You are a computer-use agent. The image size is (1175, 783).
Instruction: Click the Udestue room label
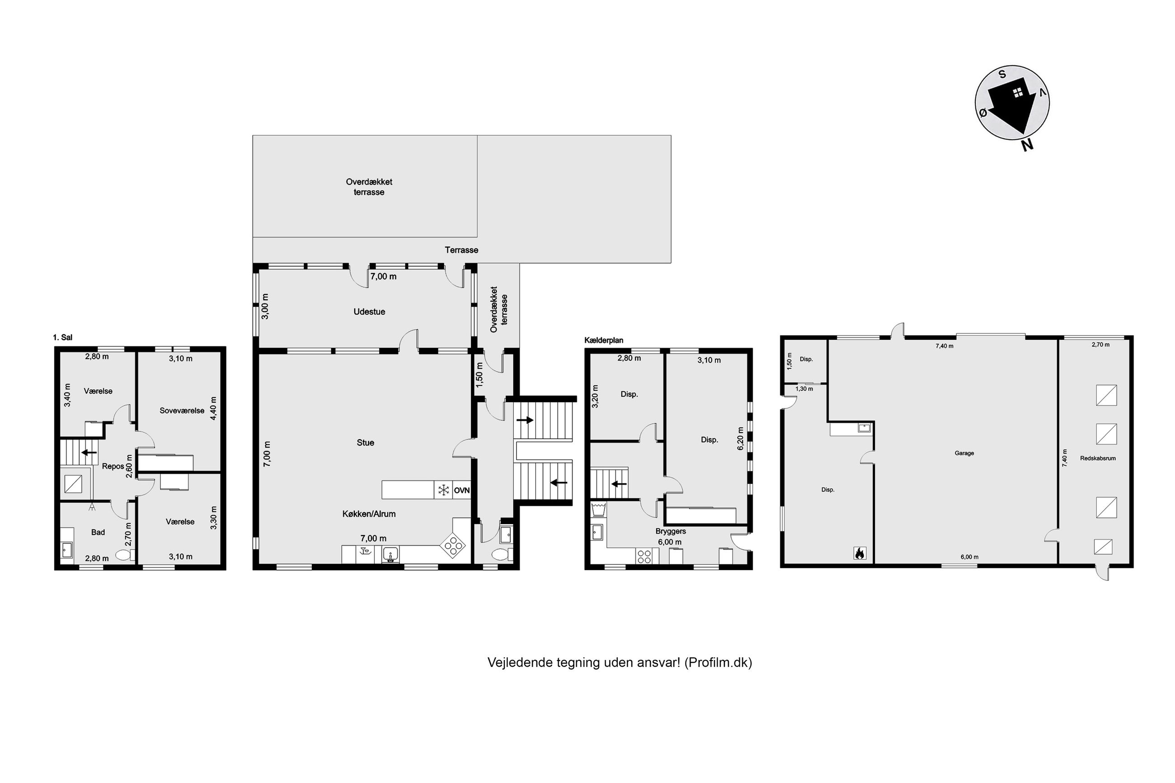point(369,312)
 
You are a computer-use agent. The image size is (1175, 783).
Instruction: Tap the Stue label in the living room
point(365,442)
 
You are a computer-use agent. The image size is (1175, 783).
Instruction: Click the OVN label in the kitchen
point(461,490)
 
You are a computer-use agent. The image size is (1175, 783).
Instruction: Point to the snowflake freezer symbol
point(443,490)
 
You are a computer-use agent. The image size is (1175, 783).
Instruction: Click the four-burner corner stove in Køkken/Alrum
point(453,546)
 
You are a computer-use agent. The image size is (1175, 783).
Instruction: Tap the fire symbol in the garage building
point(860,553)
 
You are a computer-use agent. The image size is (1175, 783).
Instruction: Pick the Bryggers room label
point(671,531)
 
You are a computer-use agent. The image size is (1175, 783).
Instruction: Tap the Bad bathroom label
point(98,532)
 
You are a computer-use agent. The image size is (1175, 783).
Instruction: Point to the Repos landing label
point(113,466)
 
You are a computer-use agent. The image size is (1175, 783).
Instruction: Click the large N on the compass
point(1027,145)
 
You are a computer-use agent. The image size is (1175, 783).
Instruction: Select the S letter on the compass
point(1002,75)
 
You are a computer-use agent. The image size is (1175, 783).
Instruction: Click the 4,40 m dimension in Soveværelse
point(213,408)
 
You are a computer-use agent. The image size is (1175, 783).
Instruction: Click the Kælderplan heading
point(604,341)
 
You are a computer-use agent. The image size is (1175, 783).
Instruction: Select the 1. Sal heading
point(62,338)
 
